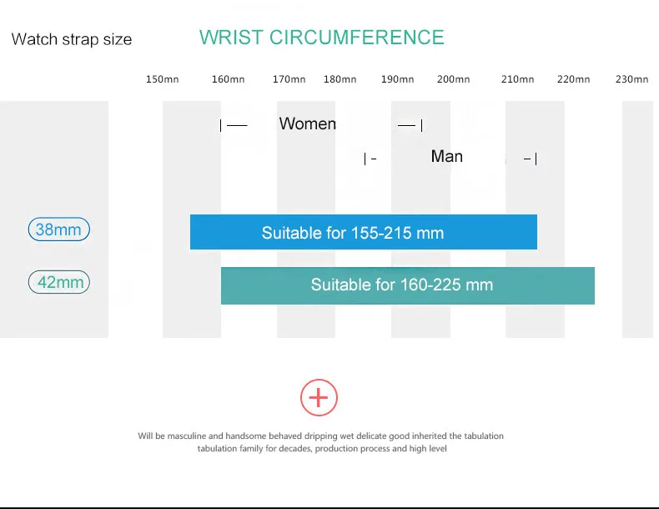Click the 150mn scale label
162,79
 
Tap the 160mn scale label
229,79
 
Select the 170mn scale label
289,79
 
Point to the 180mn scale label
340,79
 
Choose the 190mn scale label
398,79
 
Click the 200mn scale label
454,79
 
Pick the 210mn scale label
518,79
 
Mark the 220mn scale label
574,79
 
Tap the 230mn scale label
632,79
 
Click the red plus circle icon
319,398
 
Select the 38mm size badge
59,229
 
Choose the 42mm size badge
59,282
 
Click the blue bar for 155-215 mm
364,232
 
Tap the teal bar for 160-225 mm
408,285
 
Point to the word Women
308,123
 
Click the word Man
447,156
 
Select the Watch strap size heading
72,39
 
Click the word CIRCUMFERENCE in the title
357,38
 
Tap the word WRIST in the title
231,38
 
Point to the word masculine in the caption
187,436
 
